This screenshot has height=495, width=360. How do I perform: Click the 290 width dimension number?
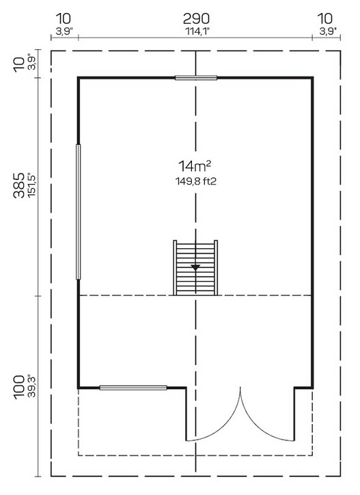196,19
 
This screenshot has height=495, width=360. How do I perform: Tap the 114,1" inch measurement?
197,31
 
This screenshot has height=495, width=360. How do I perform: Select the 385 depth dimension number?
19,185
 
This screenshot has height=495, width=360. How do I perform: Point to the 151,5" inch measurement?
31,185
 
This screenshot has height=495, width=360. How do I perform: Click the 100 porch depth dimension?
19,387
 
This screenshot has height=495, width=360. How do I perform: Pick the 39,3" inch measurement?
31,387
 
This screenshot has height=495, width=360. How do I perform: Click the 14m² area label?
195,165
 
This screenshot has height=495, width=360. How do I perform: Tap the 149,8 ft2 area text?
195,181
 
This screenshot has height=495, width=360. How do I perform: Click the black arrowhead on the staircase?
195,268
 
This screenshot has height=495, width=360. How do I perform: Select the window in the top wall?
196,78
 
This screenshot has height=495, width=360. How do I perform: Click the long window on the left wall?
79,212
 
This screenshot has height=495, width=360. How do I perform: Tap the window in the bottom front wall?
133,388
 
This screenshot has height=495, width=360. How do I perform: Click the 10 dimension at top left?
64,19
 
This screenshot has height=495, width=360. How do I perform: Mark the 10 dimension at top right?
325,19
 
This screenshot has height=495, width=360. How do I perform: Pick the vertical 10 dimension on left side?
19,64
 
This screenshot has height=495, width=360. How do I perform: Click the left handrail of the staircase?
175,268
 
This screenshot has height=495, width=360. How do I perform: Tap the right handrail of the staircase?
216,268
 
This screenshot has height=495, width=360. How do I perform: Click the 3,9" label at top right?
327,31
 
